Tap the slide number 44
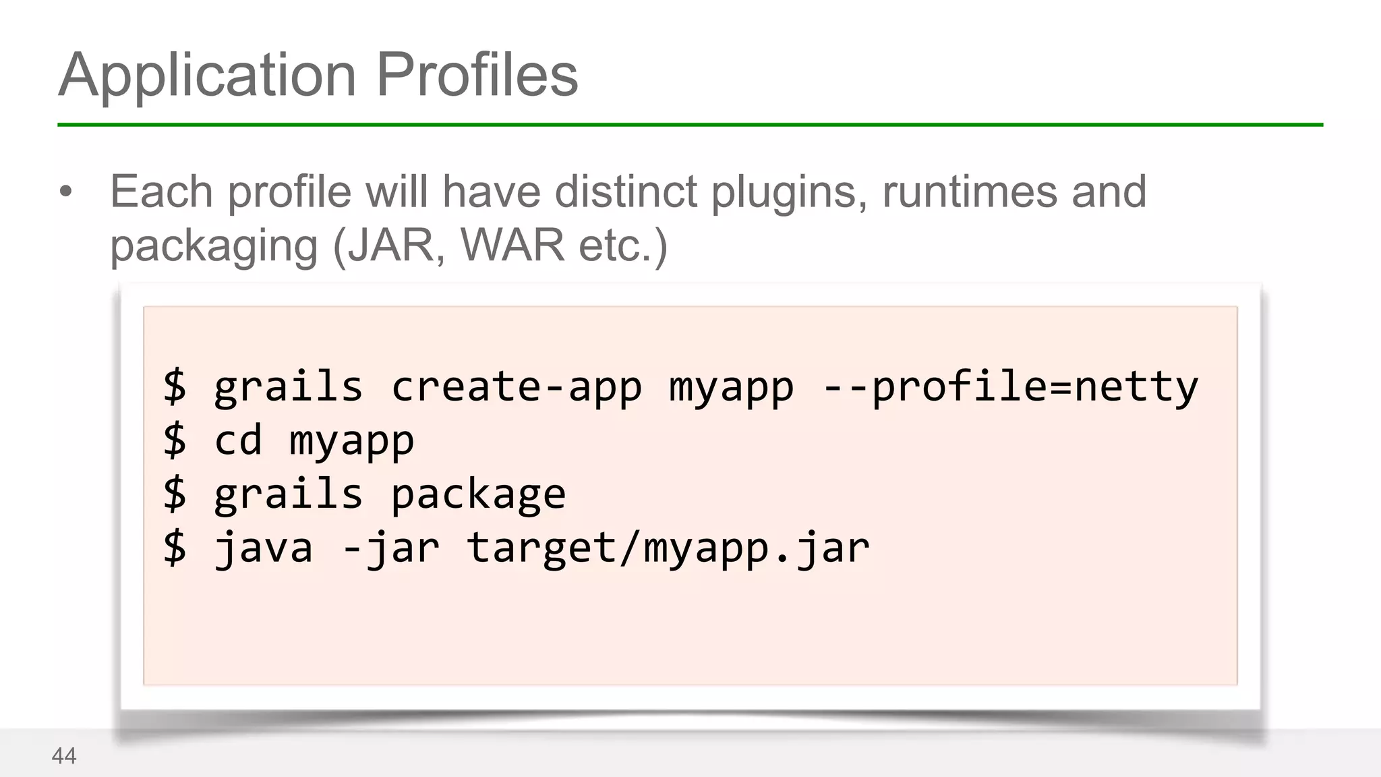coord(64,756)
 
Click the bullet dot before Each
coord(65,192)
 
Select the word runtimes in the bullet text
coord(969,192)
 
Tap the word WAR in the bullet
coord(512,246)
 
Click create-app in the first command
coord(517,387)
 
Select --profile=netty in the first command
coord(1010,387)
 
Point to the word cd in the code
coord(238,441)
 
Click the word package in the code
coord(478,495)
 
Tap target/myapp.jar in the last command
coord(668,548)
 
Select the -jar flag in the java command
coord(390,548)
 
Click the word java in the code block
coord(264,548)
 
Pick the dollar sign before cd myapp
coord(175,441)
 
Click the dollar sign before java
coord(175,548)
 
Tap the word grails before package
coord(289,495)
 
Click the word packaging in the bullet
coord(214,247)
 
